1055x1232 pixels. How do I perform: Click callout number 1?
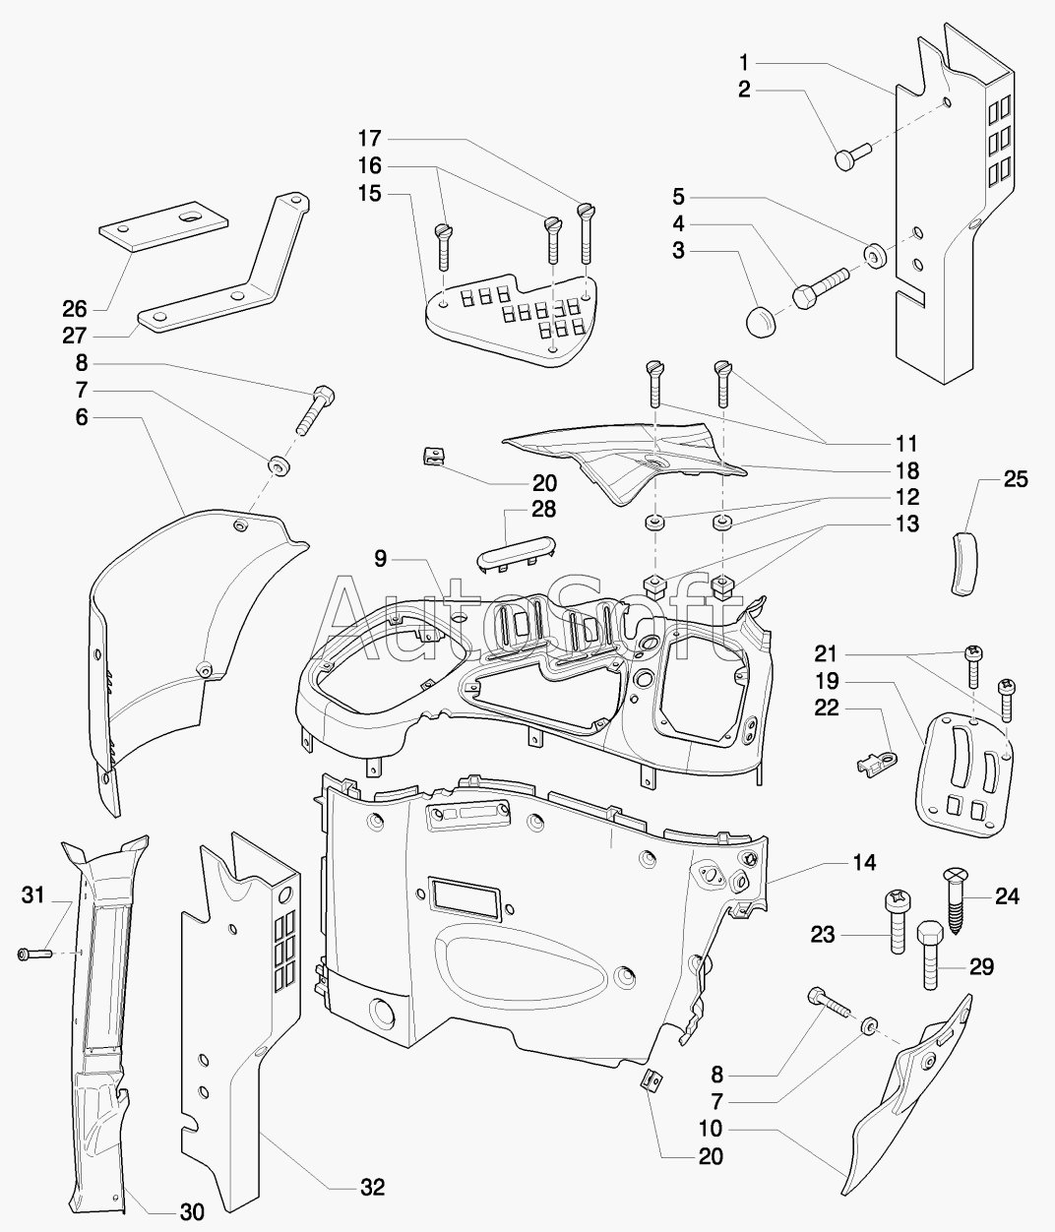tap(744, 62)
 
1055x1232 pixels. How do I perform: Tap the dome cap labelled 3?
tap(762, 322)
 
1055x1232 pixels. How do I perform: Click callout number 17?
tap(370, 139)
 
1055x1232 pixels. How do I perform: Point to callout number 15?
tap(370, 193)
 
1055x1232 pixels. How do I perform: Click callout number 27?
tap(75, 336)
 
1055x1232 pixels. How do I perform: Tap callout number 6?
tap(82, 417)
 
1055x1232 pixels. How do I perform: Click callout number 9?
tap(380, 559)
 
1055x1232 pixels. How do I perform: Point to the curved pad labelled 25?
tap(963, 561)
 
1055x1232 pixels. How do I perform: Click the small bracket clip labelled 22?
tap(878, 762)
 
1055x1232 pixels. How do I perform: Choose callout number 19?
tap(827, 681)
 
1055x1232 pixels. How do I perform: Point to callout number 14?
tap(864, 862)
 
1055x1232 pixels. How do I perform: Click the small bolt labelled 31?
tap(35, 954)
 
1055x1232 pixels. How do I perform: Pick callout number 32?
tap(373, 1188)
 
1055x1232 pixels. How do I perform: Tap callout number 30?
tap(193, 1211)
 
